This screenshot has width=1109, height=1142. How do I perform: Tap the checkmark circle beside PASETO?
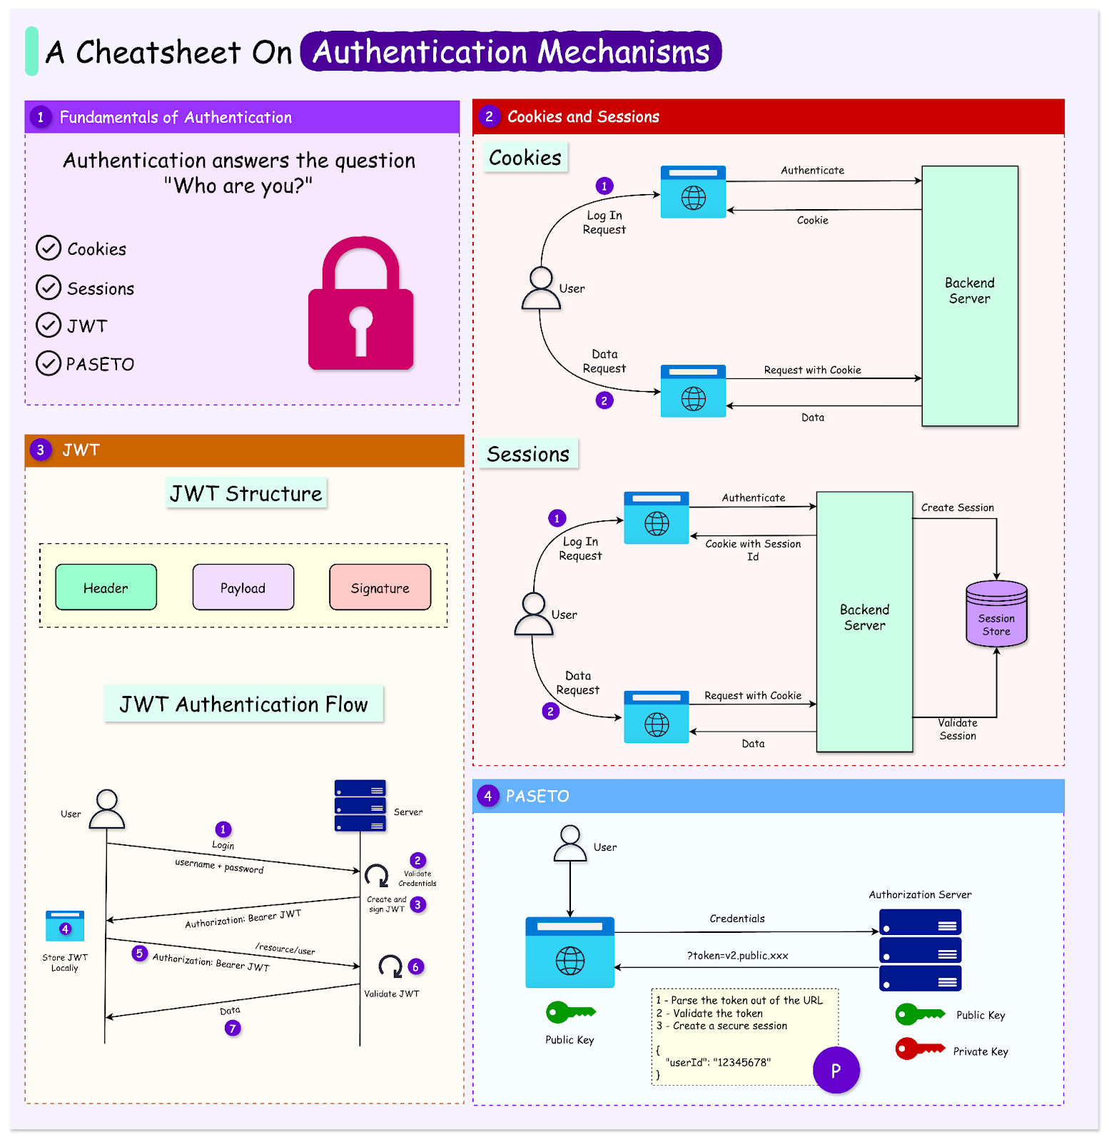[x=49, y=363]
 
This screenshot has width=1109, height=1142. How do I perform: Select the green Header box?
[x=106, y=587]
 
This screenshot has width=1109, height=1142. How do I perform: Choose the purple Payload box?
[x=243, y=587]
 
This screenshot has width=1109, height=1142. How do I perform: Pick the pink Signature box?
[x=380, y=587]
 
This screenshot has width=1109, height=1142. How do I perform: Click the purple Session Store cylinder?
[x=996, y=614]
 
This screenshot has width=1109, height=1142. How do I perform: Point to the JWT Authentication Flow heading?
[x=243, y=704]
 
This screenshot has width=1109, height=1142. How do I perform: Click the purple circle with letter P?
[x=836, y=1070]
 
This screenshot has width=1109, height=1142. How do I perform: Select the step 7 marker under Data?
[x=233, y=1028]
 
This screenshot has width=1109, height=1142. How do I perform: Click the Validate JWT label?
[x=392, y=994]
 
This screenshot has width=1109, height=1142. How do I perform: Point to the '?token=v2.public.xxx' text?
[x=737, y=956]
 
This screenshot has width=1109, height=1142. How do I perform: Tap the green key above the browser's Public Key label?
[x=570, y=1012]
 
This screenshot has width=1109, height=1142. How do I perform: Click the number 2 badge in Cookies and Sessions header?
[x=489, y=116]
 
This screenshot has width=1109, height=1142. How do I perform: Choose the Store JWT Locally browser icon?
[x=65, y=926]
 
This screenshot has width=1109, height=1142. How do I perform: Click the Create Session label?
[x=957, y=507]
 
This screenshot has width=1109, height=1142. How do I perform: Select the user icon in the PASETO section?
[x=570, y=844]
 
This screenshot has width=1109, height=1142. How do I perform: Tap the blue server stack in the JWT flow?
[x=360, y=806]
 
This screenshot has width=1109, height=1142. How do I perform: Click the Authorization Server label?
[x=920, y=894]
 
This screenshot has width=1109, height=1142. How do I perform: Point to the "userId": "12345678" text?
[x=718, y=1062]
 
